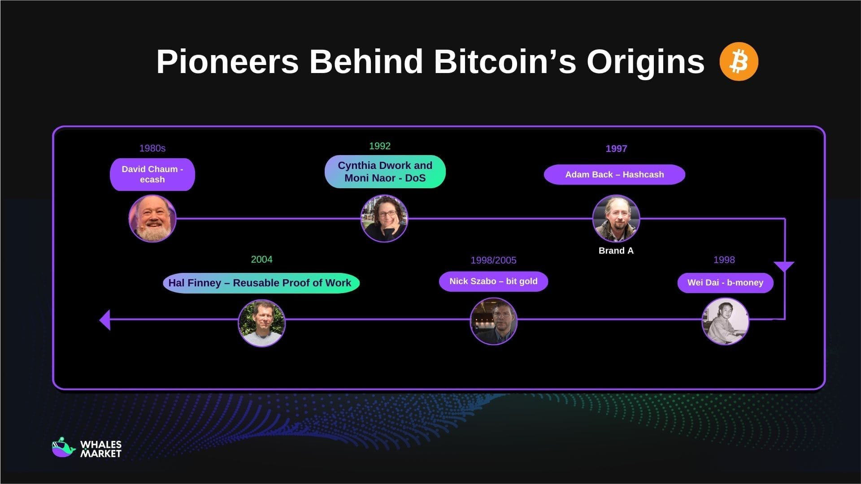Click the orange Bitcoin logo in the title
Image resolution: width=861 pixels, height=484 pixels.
(x=739, y=61)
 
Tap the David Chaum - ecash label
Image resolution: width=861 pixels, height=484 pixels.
(x=152, y=174)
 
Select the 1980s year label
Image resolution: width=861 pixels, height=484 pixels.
(x=152, y=148)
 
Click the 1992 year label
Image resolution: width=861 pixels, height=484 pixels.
(x=380, y=146)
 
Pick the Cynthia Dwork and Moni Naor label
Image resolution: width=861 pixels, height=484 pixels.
(x=385, y=172)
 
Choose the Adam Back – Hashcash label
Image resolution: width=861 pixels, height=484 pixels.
(x=614, y=175)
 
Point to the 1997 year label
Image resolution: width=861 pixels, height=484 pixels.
(x=616, y=149)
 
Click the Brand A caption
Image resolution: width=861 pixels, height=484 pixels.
(x=616, y=251)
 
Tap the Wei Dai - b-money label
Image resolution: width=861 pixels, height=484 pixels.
(x=725, y=283)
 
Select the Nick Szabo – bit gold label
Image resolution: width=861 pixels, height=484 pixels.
(x=493, y=281)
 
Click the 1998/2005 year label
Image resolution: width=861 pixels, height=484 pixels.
(x=493, y=260)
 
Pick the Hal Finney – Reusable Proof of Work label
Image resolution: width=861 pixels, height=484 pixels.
(x=261, y=283)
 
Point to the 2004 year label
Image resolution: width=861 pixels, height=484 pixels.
(x=261, y=259)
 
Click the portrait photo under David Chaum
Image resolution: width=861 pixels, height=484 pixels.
(x=152, y=219)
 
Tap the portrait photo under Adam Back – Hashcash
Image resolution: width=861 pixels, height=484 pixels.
(x=616, y=219)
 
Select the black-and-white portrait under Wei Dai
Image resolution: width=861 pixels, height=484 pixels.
(x=725, y=321)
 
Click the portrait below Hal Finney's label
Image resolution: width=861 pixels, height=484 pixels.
(x=261, y=323)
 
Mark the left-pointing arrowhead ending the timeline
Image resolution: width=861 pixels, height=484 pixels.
(x=105, y=320)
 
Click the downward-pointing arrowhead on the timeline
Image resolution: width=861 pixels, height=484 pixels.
(x=784, y=267)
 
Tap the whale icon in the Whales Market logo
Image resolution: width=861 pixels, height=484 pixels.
(x=63, y=448)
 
